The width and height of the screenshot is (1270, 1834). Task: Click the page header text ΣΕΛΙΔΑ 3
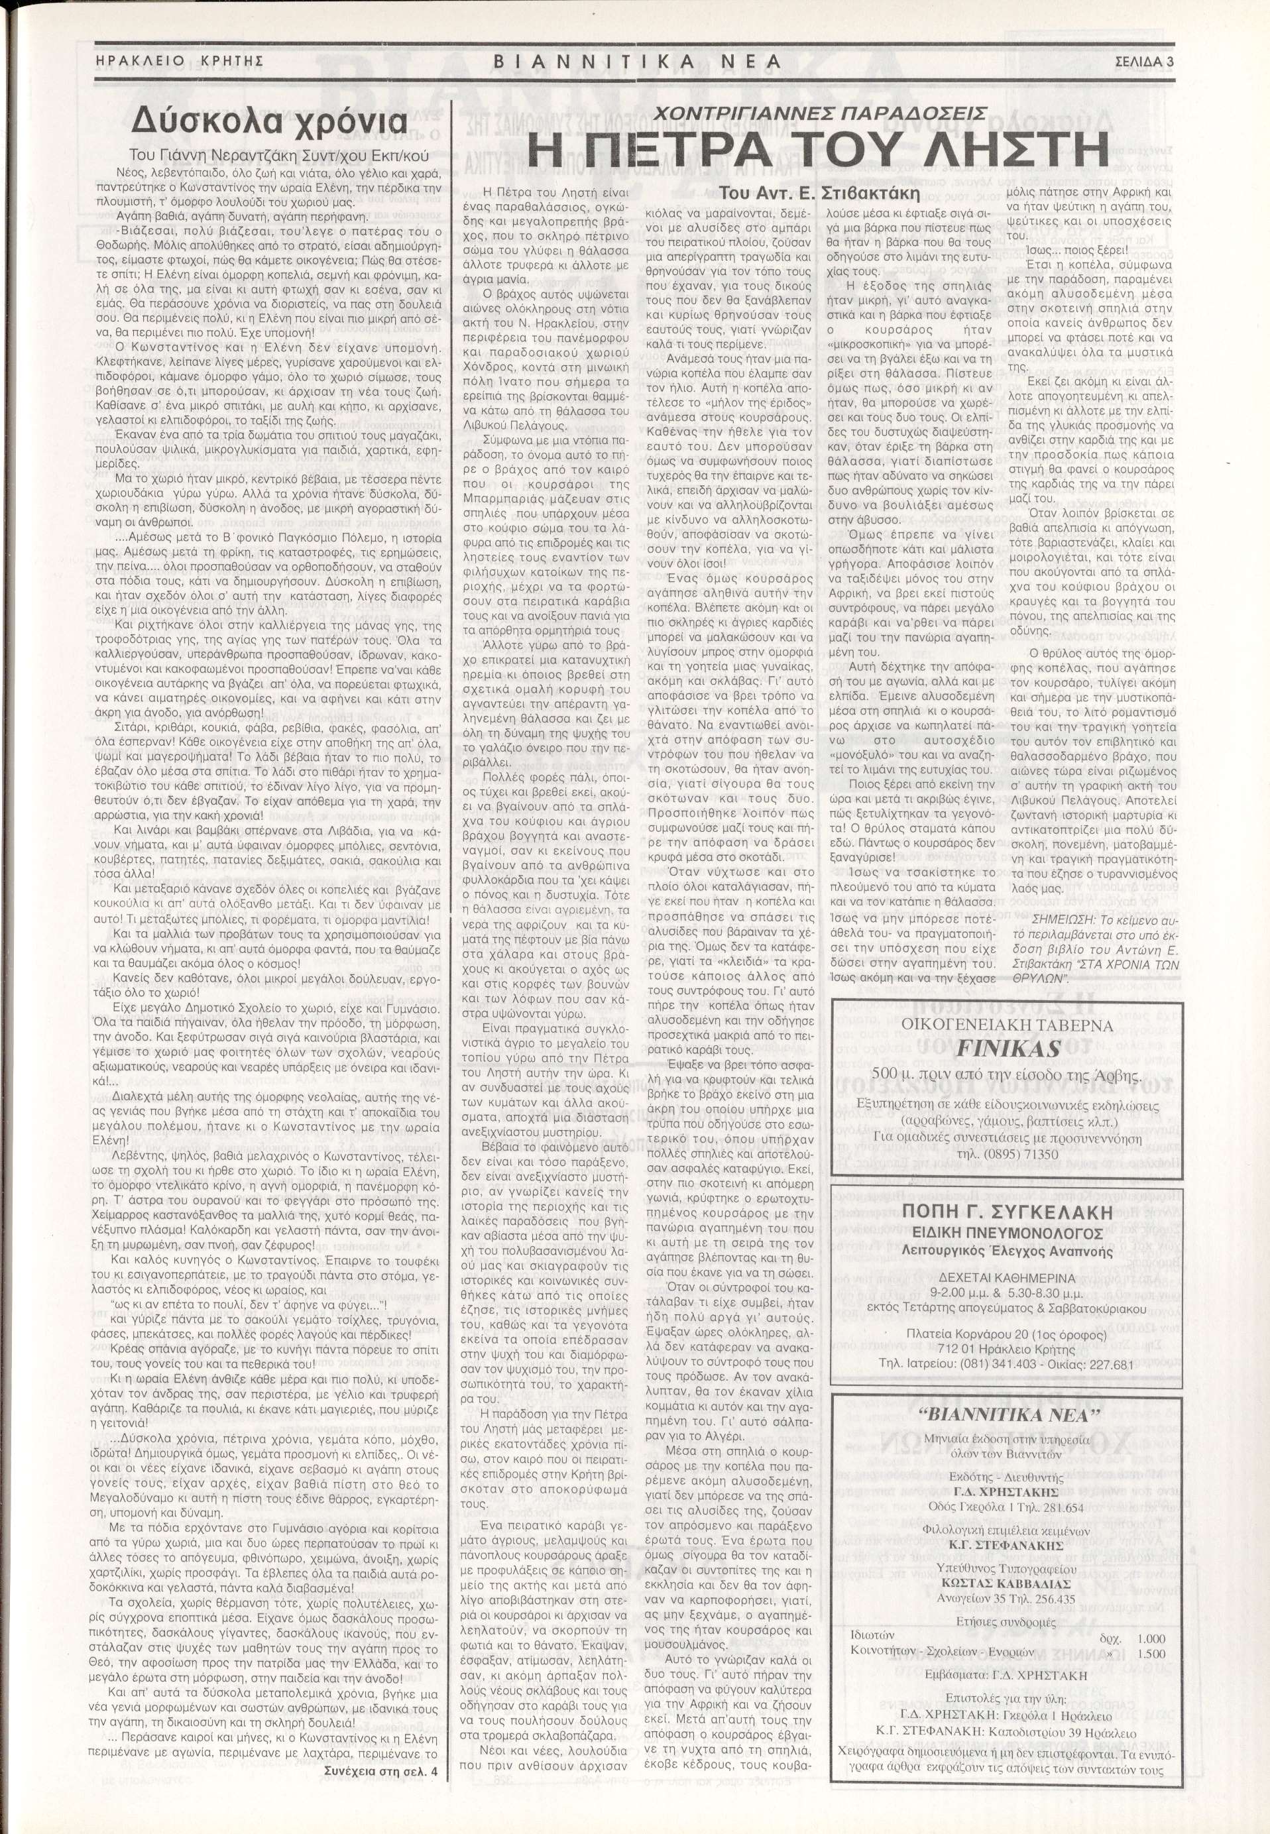[1144, 61]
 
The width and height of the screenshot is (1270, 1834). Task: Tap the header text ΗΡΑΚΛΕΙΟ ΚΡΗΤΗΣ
[179, 61]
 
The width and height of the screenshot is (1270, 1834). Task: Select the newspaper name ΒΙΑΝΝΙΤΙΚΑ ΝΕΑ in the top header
[636, 61]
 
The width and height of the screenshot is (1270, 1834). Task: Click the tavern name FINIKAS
[1008, 1048]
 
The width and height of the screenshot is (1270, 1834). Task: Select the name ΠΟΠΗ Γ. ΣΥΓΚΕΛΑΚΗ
[1007, 1212]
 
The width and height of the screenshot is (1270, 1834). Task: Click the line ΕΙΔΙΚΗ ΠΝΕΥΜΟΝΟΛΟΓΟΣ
[1007, 1233]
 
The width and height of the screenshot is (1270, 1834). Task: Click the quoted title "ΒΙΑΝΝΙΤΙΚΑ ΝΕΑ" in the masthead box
[1008, 1414]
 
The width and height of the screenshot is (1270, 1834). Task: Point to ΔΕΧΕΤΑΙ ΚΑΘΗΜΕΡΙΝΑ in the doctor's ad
[1008, 1275]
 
